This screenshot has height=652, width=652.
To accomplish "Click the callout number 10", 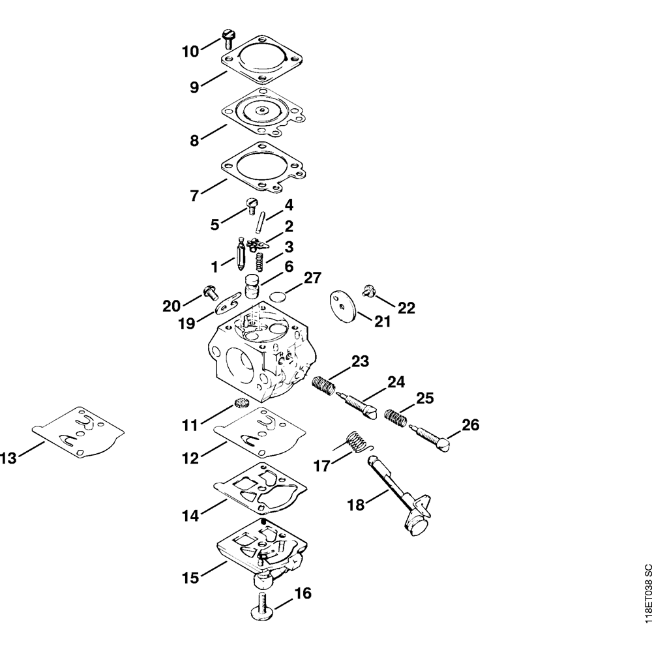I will pyautogui.click(x=190, y=51).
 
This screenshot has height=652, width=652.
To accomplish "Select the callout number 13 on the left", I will pyautogui.click(x=8, y=458).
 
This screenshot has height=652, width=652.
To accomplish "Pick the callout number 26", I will pyautogui.click(x=470, y=425).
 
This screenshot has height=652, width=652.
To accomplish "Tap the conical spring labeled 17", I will pyautogui.click(x=356, y=441).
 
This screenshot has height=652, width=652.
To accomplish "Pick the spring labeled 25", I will pyautogui.click(x=395, y=417).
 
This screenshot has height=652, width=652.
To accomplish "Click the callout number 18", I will pyautogui.click(x=356, y=505).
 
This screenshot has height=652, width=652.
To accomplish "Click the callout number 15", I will pyautogui.click(x=190, y=578).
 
